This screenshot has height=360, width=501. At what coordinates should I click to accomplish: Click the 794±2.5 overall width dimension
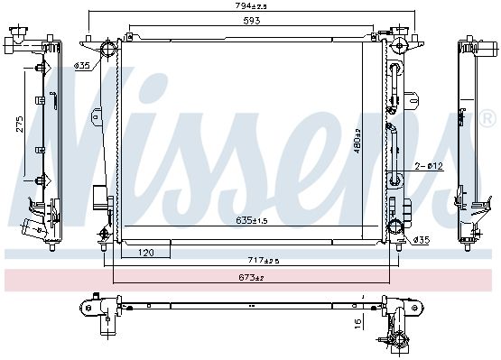(x=251, y=5)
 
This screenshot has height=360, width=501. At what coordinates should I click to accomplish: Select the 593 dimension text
(x=252, y=21)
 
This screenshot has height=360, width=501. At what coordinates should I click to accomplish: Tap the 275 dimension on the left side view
(x=20, y=124)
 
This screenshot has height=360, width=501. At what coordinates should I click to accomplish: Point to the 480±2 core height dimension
(x=357, y=141)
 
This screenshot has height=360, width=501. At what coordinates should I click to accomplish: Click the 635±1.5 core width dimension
(x=252, y=220)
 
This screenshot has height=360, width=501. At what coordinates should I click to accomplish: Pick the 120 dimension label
(x=146, y=253)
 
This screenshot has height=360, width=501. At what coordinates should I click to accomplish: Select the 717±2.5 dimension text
(x=264, y=261)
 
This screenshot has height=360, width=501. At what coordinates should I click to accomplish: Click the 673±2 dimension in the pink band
(x=251, y=277)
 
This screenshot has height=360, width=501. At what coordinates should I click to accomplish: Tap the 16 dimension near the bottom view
(x=358, y=324)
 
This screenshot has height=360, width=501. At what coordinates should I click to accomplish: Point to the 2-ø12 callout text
(x=429, y=166)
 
